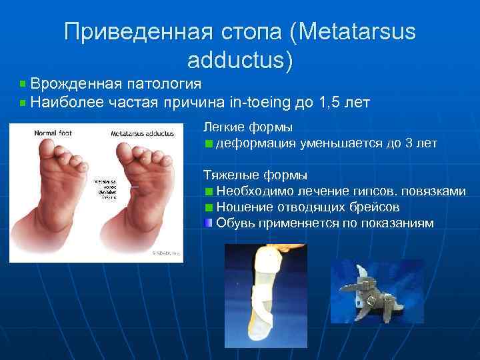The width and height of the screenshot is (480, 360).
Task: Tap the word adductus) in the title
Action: tap(240, 60)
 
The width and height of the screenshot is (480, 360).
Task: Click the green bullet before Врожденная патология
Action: tap(23, 84)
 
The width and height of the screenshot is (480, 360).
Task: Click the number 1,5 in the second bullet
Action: tap(331, 103)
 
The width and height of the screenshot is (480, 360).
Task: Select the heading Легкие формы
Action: tap(248, 127)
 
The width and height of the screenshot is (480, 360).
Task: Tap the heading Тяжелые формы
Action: tap(255, 175)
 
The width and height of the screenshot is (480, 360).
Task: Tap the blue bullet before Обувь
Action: tap(209, 223)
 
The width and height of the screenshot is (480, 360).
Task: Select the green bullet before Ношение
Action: tap(209, 207)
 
